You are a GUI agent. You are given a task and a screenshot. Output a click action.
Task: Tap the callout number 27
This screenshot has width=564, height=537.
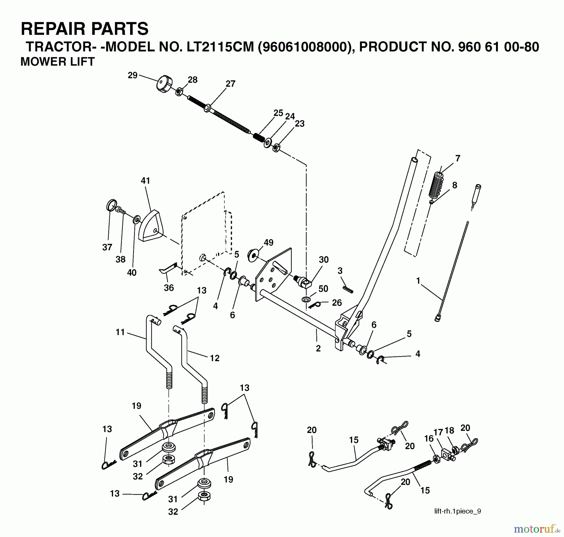(x=230, y=84)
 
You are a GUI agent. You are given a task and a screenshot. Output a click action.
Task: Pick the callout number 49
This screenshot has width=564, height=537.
(x=269, y=242)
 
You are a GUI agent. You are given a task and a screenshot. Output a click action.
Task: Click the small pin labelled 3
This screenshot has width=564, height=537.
(x=348, y=289)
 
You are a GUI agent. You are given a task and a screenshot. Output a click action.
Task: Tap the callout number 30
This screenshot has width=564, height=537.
(x=324, y=260)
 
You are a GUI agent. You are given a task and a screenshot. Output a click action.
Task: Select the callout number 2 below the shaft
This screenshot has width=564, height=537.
(x=318, y=348)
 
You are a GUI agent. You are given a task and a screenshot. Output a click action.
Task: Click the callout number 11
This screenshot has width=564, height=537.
(x=120, y=332)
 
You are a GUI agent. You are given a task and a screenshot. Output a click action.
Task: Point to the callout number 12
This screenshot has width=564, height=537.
(x=215, y=358)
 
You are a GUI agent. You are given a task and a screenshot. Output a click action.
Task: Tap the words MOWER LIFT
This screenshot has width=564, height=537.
(x=58, y=62)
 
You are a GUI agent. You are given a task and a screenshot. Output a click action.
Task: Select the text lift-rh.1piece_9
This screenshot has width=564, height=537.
(x=457, y=511)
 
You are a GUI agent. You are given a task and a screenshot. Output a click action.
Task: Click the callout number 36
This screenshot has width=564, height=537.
(x=169, y=287)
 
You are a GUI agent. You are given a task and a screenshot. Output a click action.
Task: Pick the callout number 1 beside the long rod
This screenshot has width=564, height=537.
(x=418, y=281)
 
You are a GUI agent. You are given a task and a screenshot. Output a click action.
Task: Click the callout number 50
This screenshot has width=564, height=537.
(x=323, y=288)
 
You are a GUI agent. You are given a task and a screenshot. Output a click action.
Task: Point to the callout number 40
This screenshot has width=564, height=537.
(x=132, y=272)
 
